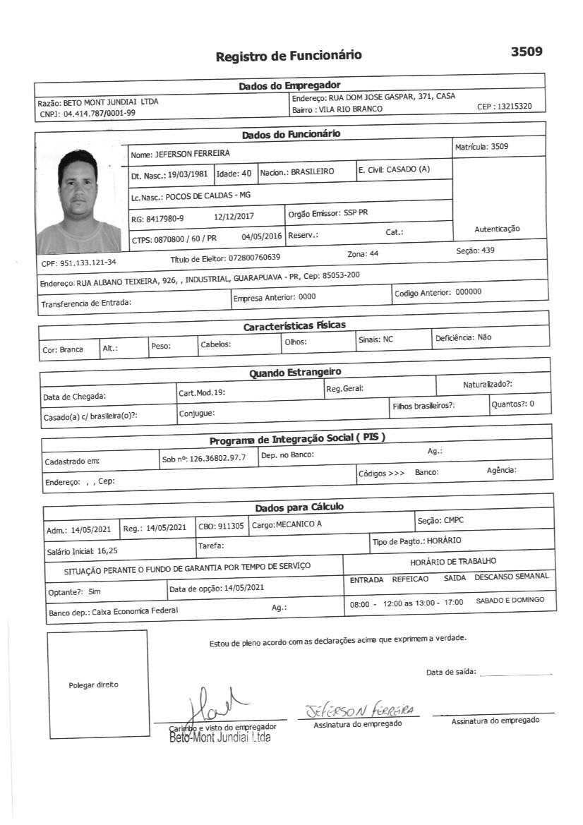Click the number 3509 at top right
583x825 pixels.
tap(526, 52)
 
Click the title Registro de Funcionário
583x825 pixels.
tap(289, 56)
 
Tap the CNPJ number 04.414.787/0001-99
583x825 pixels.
tap(100, 113)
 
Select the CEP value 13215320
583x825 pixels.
tap(515, 107)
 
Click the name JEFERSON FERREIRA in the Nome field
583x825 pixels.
tap(192, 153)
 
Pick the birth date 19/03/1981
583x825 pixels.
tap(188, 173)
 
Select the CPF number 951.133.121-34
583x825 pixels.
tap(88, 263)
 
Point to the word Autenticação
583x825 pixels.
tap(497, 229)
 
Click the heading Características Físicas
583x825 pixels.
tap(294, 327)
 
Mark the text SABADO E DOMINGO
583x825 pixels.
tap(511, 600)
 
